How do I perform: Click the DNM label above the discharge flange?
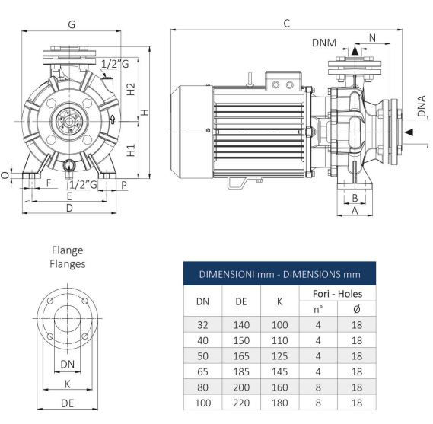pos(324,43)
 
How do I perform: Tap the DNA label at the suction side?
pos(422,106)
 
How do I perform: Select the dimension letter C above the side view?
pos(287,24)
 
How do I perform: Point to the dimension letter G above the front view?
pos(72,24)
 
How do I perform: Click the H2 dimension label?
pos(131,89)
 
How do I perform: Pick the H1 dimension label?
pos(131,150)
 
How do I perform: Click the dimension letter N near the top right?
pos(372,38)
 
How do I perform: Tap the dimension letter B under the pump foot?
pos(355,198)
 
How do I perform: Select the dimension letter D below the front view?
pos(69,208)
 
